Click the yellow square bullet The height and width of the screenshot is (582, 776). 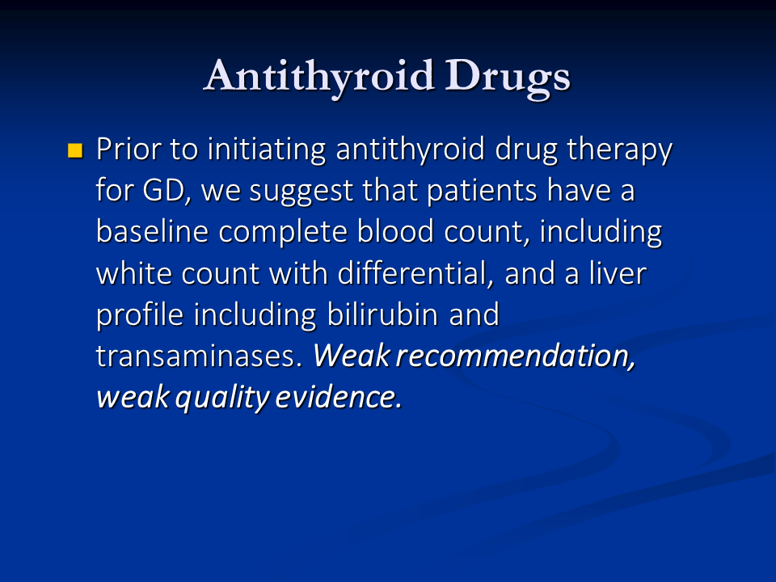pyautogui.click(x=75, y=150)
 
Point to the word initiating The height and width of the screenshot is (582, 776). pyautogui.click(x=267, y=149)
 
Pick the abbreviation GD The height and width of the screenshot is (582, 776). pyautogui.click(x=164, y=191)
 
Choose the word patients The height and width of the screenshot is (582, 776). pyautogui.click(x=482, y=191)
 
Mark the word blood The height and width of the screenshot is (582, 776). pyautogui.click(x=395, y=231)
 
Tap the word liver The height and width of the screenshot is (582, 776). pyautogui.click(x=618, y=272)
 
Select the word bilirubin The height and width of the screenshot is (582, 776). pyautogui.click(x=382, y=314)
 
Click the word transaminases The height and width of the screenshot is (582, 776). pyautogui.click(x=199, y=356)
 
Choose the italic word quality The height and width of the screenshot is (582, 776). pyautogui.click(x=223, y=398)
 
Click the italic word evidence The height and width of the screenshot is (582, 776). pyautogui.click(x=339, y=398)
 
